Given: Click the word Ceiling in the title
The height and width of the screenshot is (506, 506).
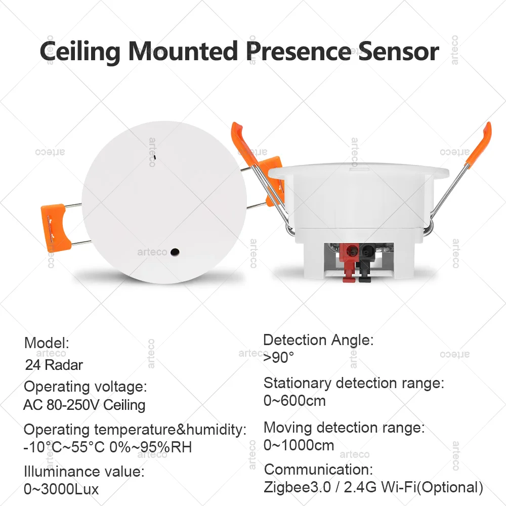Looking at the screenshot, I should [79, 51].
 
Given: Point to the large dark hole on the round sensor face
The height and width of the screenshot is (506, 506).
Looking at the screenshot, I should [176, 251].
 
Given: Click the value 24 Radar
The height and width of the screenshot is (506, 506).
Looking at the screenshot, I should [54, 364].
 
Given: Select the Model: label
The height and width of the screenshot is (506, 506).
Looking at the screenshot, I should [47, 343].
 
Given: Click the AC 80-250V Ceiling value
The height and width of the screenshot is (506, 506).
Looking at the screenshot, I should [85, 405].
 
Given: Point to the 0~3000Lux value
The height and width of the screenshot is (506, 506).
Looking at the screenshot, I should [61, 489].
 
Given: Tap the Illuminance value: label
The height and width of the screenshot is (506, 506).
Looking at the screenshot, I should [84, 472].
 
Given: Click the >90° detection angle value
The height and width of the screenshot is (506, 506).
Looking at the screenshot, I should [278, 357].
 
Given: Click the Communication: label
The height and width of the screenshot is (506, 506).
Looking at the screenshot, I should [318, 469].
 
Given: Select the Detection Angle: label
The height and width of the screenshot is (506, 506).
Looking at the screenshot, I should [318, 340].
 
